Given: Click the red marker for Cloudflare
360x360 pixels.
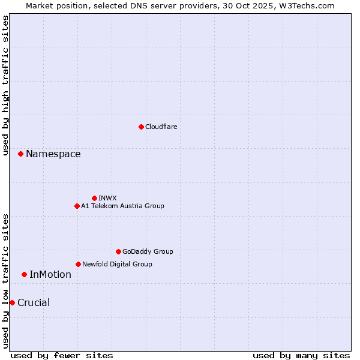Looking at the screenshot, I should (141, 127).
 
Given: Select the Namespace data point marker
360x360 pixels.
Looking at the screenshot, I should (20, 154).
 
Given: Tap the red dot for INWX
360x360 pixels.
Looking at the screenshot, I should (94, 198).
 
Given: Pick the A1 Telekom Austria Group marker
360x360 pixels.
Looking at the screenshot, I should (77, 206).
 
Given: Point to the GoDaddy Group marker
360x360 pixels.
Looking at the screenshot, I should (118, 251).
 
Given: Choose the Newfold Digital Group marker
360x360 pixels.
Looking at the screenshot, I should (78, 264).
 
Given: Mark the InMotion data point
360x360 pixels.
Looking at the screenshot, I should (24, 275).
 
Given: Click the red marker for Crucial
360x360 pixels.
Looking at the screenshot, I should (12, 302).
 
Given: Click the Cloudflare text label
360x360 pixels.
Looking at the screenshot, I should (161, 127).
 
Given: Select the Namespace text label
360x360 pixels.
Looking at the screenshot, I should (53, 154).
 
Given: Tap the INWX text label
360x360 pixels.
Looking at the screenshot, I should (107, 198).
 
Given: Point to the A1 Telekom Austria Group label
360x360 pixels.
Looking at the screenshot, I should (122, 206).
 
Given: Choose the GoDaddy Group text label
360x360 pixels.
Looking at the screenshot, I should (148, 251).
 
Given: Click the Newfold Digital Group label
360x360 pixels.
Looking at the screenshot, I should (117, 264).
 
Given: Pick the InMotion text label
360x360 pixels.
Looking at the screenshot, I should (50, 275).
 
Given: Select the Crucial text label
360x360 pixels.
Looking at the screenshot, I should (34, 303).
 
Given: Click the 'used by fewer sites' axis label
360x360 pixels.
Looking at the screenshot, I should (62, 355).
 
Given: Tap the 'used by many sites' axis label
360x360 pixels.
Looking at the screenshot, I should (301, 355).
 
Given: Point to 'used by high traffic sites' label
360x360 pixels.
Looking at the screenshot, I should (5, 85).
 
